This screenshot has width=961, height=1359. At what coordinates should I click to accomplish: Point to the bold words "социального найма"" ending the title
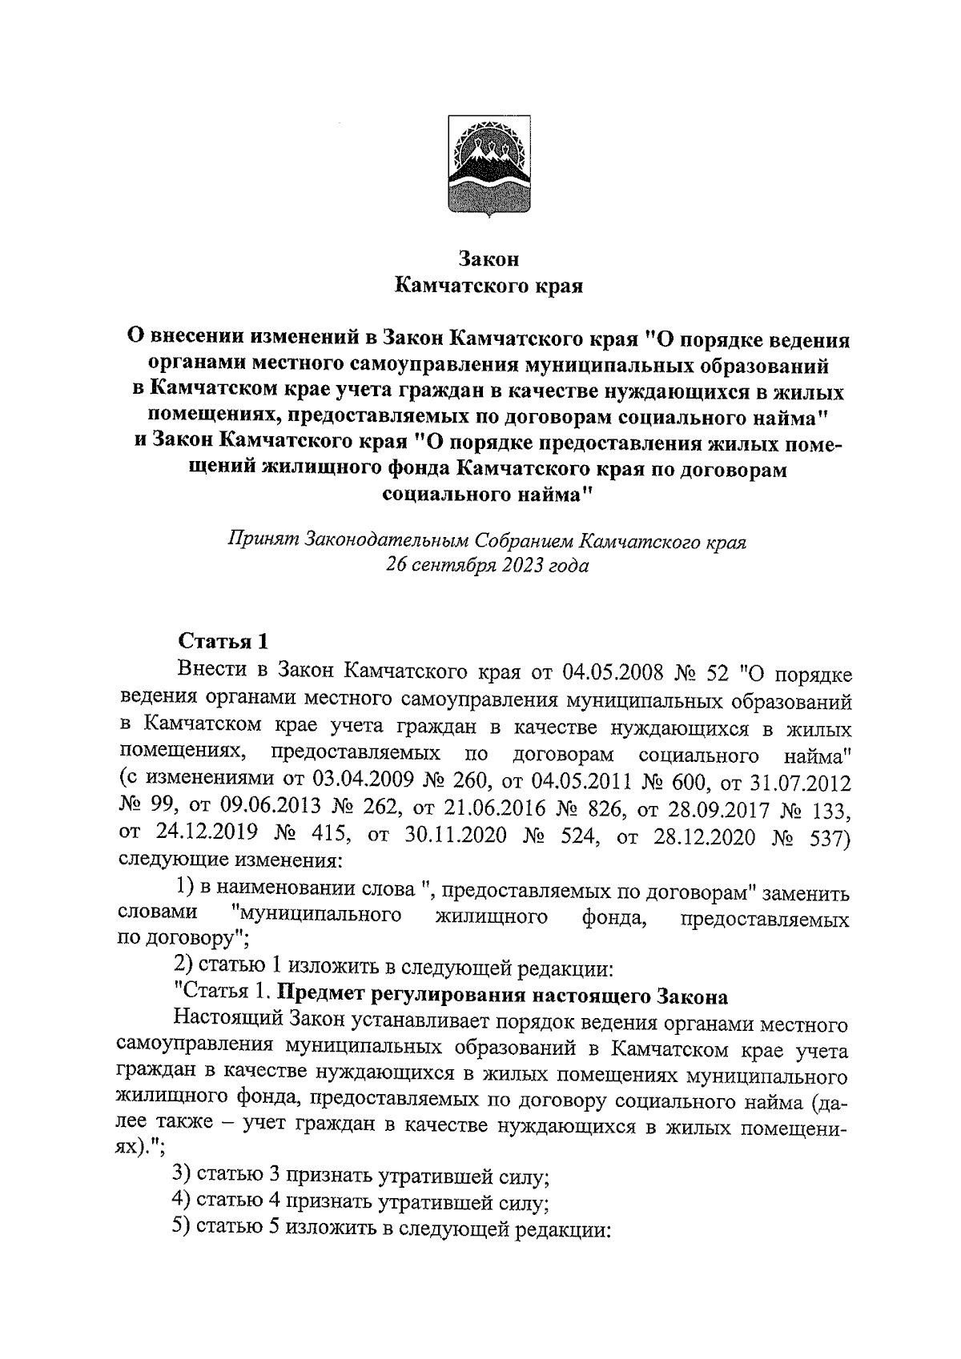point(488,495)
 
